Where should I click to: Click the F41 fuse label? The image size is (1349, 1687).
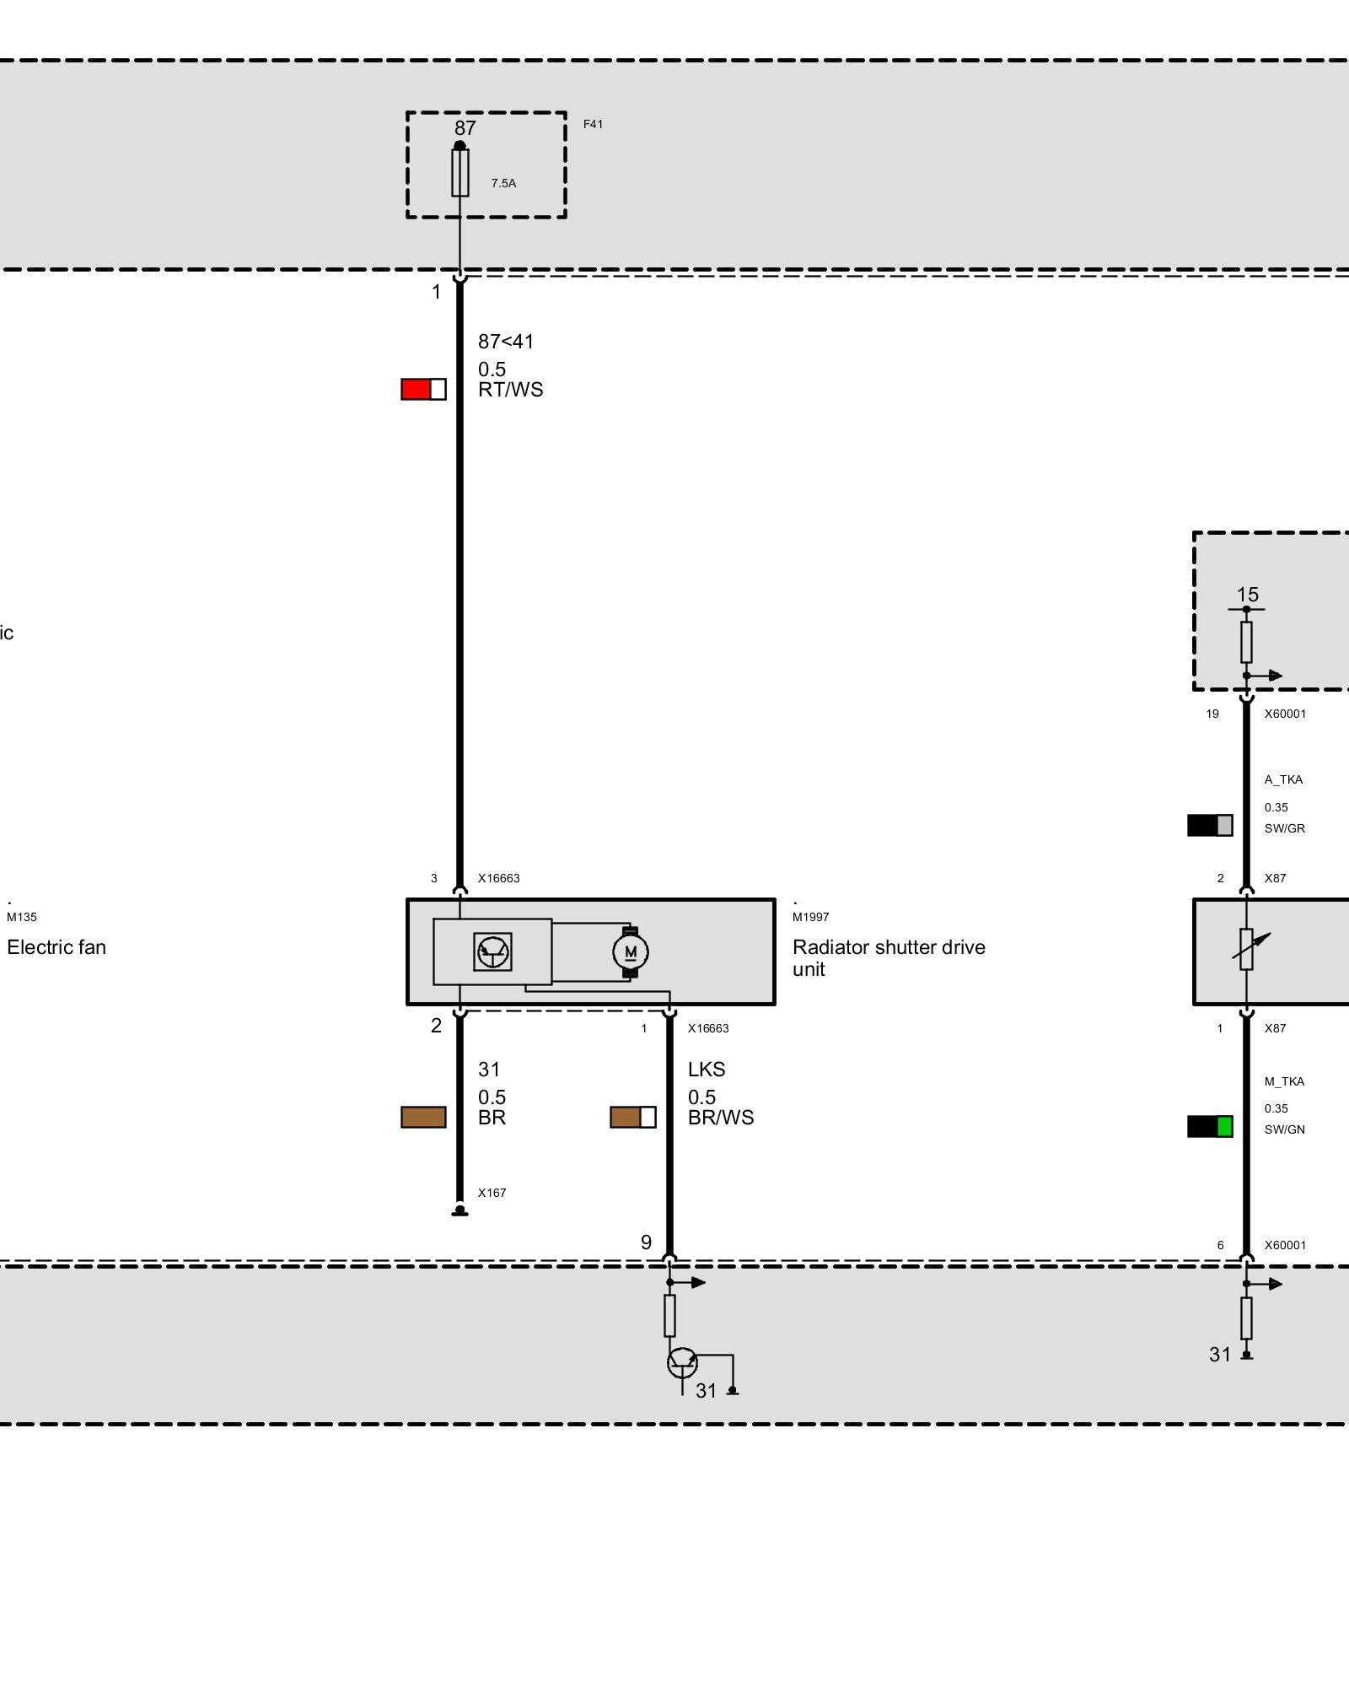click(x=593, y=124)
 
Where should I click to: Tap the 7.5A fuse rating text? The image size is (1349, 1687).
click(x=503, y=183)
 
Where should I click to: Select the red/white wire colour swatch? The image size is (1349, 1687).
click(x=423, y=389)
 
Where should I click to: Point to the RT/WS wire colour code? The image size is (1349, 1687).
click(x=511, y=390)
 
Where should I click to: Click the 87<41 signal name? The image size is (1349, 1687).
click(x=506, y=342)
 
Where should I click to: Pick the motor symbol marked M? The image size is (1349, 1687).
click(x=630, y=952)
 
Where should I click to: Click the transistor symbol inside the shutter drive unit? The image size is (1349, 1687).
click(x=492, y=952)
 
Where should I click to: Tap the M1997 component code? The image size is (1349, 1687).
click(x=810, y=917)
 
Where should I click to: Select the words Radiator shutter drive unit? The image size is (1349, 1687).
click(x=889, y=958)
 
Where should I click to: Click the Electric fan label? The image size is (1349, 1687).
click(x=56, y=947)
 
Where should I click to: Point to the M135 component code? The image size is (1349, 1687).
click(x=22, y=917)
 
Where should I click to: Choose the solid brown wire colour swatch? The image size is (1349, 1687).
click(x=423, y=1117)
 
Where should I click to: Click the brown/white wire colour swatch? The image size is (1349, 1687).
click(x=633, y=1117)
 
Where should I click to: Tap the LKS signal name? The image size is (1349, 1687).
click(x=707, y=1070)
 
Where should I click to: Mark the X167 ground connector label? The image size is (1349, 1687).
click(x=492, y=1193)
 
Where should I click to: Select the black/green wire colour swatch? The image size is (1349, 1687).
click(x=1210, y=1126)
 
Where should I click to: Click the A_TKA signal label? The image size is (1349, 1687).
click(x=1283, y=779)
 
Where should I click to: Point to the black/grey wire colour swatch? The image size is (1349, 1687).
click(x=1210, y=825)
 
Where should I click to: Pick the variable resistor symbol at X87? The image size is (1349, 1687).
click(x=1247, y=950)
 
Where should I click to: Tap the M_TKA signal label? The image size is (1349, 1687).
click(x=1284, y=1081)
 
